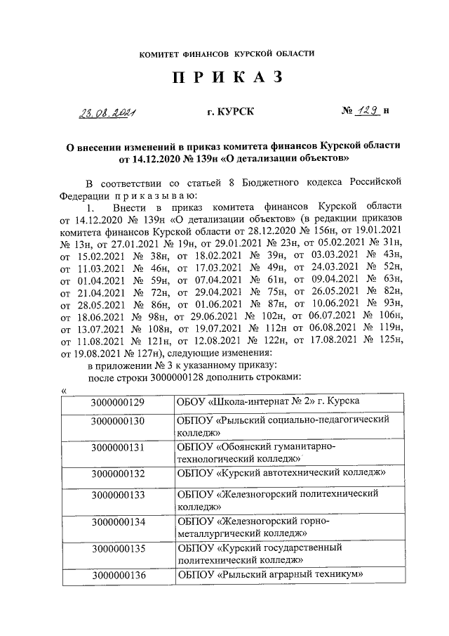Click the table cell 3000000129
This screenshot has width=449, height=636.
coord(117,402)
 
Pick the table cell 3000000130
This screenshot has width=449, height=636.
coord(117,422)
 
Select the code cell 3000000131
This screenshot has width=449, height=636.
coord(117,448)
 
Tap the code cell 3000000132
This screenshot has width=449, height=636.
coord(117,473)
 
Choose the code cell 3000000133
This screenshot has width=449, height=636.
coord(117,495)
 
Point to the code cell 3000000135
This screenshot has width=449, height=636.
coord(117,550)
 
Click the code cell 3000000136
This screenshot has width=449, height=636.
coord(117,576)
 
